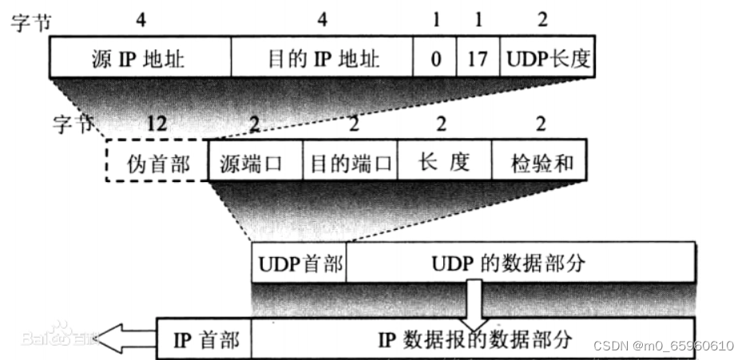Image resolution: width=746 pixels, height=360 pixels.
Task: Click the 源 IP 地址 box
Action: click(x=140, y=59)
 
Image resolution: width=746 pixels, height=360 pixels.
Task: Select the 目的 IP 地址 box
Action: click(x=323, y=59)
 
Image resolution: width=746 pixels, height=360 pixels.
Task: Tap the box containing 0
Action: click(x=436, y=59)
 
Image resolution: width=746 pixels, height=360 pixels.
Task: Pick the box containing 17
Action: click(x=478, y=59)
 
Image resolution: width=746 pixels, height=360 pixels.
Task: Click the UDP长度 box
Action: click(x=547, y=59)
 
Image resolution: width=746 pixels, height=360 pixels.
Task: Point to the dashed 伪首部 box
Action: click(x=157, y=163)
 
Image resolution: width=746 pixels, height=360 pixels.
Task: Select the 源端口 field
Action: click(x=254, y=163)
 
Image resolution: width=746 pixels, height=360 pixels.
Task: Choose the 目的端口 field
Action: click(x=350, y=163)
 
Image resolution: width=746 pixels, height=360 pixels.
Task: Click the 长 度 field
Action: click(x=444, y=163)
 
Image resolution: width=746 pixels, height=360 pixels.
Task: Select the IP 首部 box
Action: click(x=205, y=339)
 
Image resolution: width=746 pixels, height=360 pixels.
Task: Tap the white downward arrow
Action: click(x=473, y=307)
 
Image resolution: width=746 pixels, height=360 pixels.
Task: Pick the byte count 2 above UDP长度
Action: click(x=542, y=20)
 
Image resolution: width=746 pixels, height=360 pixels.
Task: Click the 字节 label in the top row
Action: click(x=30, y=22)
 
